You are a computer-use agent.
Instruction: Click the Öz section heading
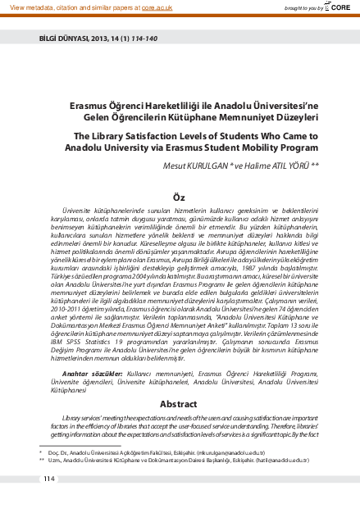pos(179,197)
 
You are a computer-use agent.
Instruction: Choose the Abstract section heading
pos(179,404)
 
